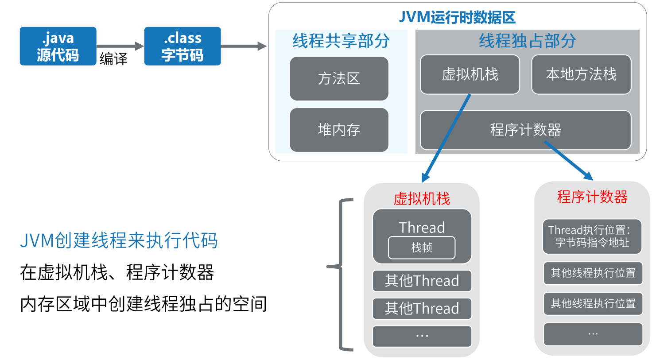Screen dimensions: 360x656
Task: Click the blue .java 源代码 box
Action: click(58, 46)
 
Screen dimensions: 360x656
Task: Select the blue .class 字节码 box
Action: click(182, 46)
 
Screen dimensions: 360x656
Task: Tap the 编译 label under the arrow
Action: click(113, 58)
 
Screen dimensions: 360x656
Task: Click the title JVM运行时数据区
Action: click(457, 17)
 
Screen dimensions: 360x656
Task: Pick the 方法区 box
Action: click(339, 78)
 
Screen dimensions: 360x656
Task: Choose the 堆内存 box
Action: click(339, 130)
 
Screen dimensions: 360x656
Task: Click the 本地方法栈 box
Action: click(581, 74)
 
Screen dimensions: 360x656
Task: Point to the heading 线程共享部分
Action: click(341, 41)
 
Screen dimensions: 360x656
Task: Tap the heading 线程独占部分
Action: click(527, 41)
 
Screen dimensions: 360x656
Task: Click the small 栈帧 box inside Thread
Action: click(422, 248)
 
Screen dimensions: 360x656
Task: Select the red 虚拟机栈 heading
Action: click(422, 198)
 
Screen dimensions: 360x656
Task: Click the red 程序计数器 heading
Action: click(592, 197)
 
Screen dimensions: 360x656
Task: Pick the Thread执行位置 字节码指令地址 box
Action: click(592, 236)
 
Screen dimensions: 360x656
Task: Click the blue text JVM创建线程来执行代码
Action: click(119, 240)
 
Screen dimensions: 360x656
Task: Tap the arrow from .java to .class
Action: click(120, 46)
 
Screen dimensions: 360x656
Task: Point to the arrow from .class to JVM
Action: click(244, 46)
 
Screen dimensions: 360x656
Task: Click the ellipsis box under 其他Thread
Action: click(422, 336)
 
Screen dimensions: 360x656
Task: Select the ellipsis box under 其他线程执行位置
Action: click(593, 334)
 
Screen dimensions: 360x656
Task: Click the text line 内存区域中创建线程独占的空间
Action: click(144, 304)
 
